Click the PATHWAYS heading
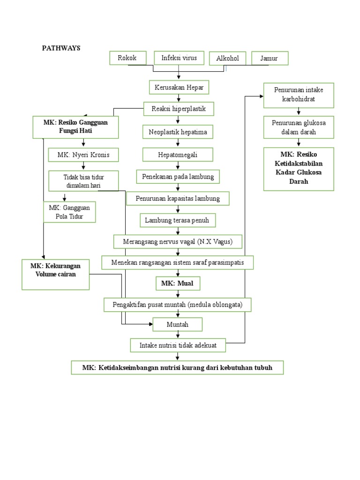61,48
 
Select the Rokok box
127,58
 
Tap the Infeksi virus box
179,58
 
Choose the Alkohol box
227,59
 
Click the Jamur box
270,59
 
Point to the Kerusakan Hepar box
179,87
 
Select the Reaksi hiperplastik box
179,109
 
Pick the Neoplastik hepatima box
178,133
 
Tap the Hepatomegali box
178,154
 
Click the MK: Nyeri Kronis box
83,155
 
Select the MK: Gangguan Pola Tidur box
70,211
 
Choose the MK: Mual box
178,284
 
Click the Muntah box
178,324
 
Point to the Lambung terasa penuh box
178,220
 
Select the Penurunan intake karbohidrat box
298,95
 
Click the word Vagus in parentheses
230,241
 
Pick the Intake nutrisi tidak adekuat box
178,345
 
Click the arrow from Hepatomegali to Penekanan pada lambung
178,166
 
